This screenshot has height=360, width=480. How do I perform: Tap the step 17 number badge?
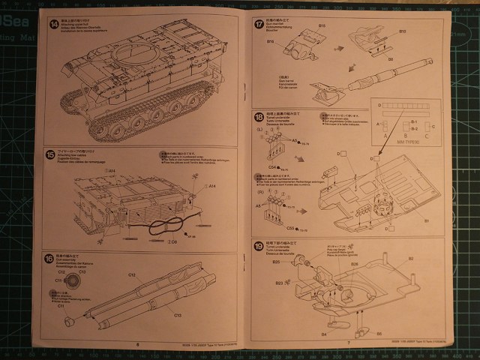pyautogui.click(x=259, y=25)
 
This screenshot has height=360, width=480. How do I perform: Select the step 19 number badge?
pyautogui.click(x=259, y=247)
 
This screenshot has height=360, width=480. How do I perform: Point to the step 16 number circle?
pyautogui.click(x=49, y=259)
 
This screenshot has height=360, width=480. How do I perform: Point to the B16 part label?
pyautogui.click(x=271, y=41)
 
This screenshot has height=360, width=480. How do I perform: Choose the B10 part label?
pyautogui.click(x=402, y=31)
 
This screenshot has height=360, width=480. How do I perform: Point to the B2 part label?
pyautogui.click(x=411, y=259)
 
